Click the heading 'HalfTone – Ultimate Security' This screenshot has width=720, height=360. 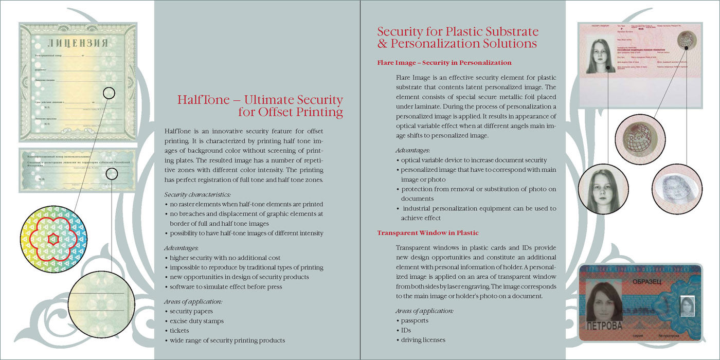(x=260, y=100)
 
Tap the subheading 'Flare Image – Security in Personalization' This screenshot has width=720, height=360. (x=444, y=63)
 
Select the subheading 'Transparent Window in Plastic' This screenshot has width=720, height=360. (x=428, y=233)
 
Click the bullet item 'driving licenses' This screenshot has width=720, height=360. (x=423, y=340)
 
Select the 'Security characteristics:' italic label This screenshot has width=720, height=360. (x=197, y=194)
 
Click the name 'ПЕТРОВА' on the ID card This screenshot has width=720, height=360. (x=604, y=326)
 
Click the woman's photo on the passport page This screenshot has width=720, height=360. (x=601, y=56)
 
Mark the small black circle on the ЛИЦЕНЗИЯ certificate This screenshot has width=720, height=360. (x=109, y=93)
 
